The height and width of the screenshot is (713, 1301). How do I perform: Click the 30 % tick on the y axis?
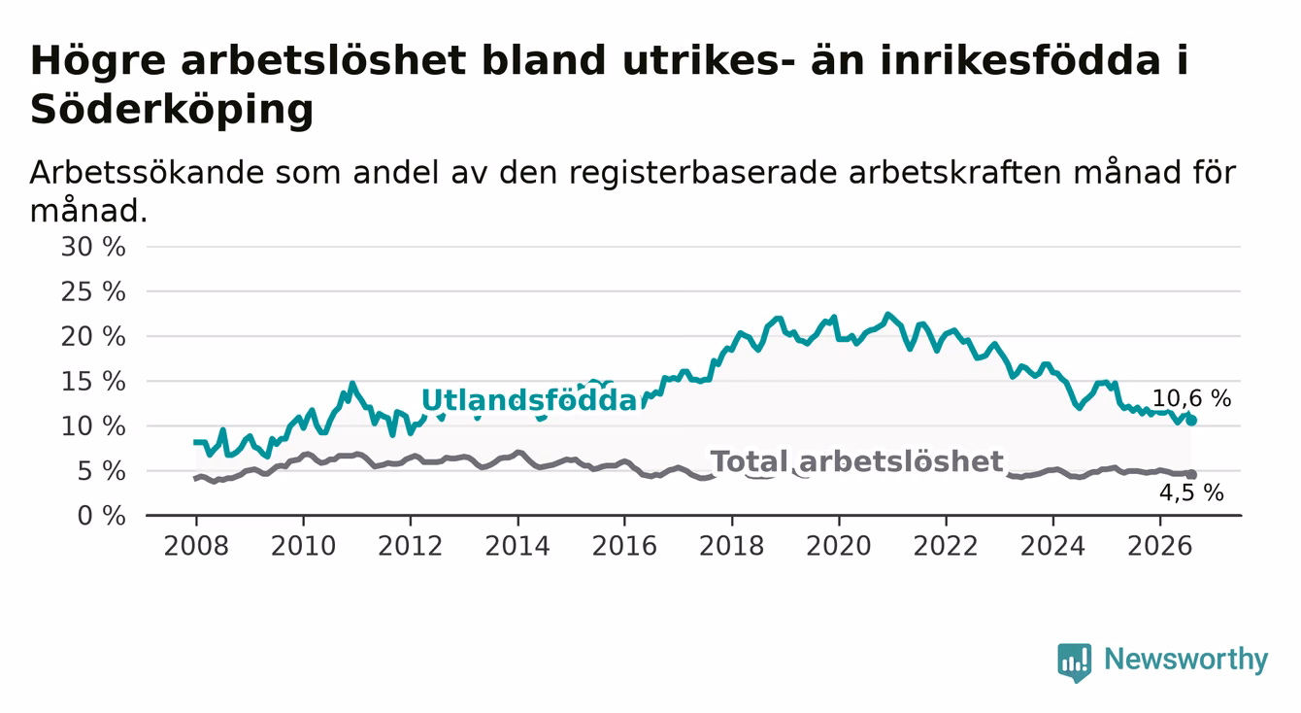[93, 247]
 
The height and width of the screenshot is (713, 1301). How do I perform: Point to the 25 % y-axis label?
[93, 291]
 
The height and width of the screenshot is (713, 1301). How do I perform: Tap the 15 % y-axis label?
[93, 382]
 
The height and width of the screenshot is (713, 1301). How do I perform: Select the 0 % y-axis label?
[101, 516]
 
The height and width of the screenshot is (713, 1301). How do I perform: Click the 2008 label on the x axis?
[196, 547]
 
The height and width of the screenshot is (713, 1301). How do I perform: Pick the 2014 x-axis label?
[517, 547]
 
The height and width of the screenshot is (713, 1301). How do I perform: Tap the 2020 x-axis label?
[839, 547]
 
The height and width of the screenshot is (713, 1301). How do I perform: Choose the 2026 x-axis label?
[1160, 547]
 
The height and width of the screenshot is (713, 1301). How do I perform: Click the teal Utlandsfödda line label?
[531, 400]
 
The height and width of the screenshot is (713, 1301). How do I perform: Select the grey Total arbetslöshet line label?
[856, 462]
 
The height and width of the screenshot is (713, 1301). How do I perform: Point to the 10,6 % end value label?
[1191, 398]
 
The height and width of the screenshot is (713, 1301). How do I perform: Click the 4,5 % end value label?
[1191, 493]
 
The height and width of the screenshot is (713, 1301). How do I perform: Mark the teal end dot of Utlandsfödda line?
[1191, 421]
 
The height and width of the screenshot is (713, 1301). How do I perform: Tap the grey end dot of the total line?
[1191, 475]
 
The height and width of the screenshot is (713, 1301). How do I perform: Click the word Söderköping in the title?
[172, 110]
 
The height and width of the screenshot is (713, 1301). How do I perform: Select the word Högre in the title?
[98, 61]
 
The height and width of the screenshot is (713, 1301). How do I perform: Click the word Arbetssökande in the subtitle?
[147, 173]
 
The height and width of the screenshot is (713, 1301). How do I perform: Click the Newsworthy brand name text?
[1186, 661]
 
